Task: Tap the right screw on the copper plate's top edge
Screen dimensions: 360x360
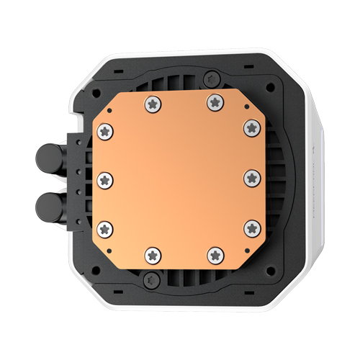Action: (x=213, y=103)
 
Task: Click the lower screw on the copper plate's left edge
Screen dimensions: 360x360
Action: (x=106, y=228)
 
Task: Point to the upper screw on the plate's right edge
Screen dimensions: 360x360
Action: (x=251, y=127)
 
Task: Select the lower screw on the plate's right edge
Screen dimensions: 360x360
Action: (x=251, y=228)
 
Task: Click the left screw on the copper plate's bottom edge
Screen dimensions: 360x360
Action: (x=152, y=253)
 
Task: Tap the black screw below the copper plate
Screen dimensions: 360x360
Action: (x=149, y=278)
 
